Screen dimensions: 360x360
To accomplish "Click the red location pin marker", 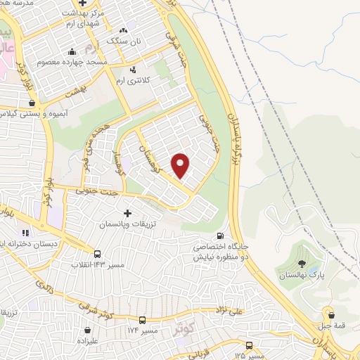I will coord(181,165).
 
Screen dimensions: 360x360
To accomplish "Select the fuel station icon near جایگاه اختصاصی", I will coord(221,236).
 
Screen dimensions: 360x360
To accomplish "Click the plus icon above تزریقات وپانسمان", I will coord(127,212).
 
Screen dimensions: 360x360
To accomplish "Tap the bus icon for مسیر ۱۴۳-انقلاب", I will coord(97,254).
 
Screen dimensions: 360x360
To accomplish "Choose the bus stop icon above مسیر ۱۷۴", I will coord(142,320).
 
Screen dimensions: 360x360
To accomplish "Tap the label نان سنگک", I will coord(124,41).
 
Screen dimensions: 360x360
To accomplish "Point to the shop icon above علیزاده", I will coord(87,330).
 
